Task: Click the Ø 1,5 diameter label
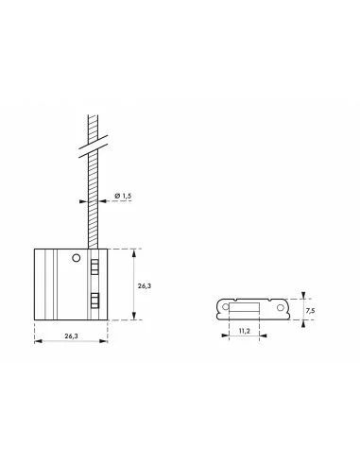click(x=123, y=196)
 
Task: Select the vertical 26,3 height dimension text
click(x=145, y=286)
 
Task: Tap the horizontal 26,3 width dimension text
click(x=71, y=336)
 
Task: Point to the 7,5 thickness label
click(x=310, y=311)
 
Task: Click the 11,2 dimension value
click(x=245, y=331)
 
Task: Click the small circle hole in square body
click(x=77, y=258)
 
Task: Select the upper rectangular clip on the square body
click(x=94, y=267)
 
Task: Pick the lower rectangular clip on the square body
click(x=94, y=301)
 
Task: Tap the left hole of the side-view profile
click(x=225, y=307)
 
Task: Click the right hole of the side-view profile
click(x=281, y=307)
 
